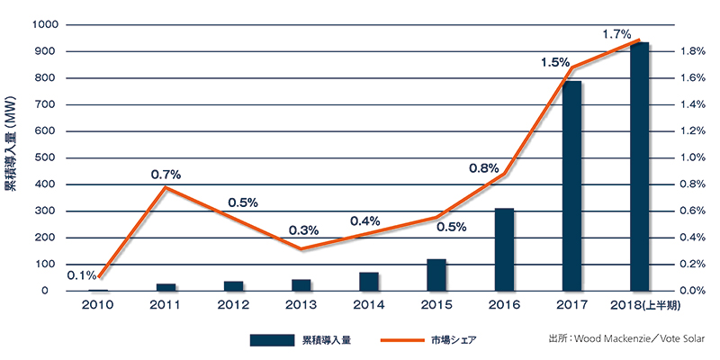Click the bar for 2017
572,185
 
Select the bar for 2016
505,249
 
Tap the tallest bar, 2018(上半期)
639,166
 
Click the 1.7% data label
616,34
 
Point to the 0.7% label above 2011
166,174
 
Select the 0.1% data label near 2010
82,274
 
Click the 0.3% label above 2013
303,230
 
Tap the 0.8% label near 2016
483,167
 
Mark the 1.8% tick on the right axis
690,52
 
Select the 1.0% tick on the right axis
690,158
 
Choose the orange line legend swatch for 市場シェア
400,340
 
